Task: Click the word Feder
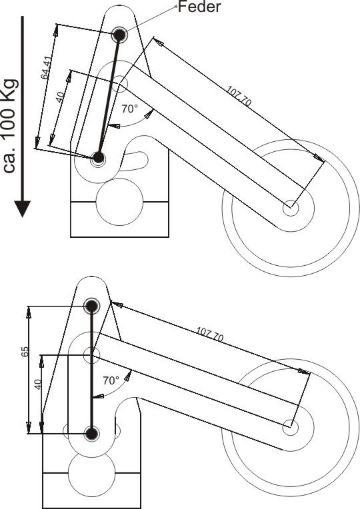pyautogui.click(x=199, y=7)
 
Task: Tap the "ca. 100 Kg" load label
pyautogui.click(x=10, y=126)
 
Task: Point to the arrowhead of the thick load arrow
pyautogui.click(x=23, y=209)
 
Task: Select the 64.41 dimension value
pyautogui.click(x=46, y=68)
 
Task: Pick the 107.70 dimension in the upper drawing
pyautogui.click(x=239, y=96)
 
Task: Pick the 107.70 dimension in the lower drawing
pyautogui.click(x=210, y=334)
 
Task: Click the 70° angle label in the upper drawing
pyautogui.click(x=130, y=109)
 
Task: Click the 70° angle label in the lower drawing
pyautogui.click(x=111, y=380)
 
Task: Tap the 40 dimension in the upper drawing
pyautogui.click(x=60, y=97)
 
